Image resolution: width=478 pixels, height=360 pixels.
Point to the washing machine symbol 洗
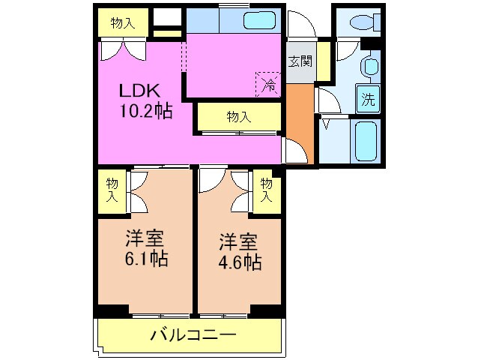(x=368, y=97)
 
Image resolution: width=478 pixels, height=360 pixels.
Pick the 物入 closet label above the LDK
(x=123, y=23)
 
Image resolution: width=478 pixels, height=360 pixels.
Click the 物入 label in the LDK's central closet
(x=239, y=117)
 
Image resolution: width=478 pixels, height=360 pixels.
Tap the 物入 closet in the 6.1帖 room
(x=112, y=190)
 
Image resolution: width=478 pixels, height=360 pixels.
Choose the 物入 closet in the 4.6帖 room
(x=266, y=190)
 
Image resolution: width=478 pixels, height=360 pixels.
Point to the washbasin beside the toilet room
(x=369, y=67)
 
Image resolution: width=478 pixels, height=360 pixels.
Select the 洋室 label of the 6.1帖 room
(x=145, y=240)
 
